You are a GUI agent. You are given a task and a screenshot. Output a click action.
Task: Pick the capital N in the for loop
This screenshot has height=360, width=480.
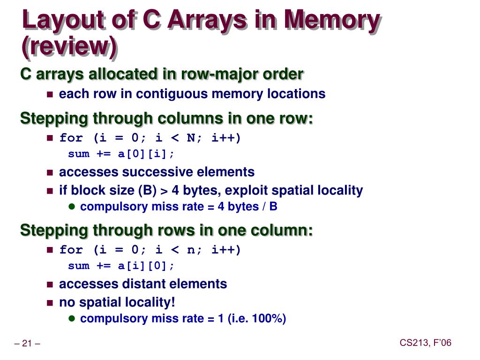[191, 138]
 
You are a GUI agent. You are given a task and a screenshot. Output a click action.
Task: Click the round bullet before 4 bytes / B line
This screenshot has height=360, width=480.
[72, 206]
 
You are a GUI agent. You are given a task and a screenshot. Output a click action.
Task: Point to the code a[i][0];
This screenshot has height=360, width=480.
[146, 266]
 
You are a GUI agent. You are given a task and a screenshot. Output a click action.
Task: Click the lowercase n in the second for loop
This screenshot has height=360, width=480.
[191, 250]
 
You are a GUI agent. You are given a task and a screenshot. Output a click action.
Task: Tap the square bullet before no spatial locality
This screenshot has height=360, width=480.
[50, 302]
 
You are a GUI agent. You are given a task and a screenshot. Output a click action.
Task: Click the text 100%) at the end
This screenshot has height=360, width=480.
[269, 319]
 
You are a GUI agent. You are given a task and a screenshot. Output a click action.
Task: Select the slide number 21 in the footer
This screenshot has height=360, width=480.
[27, 345]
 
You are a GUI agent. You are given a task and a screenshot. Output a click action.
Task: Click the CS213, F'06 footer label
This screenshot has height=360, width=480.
[425, 343]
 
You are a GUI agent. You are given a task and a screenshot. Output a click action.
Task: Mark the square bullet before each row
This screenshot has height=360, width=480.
[50, 94]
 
